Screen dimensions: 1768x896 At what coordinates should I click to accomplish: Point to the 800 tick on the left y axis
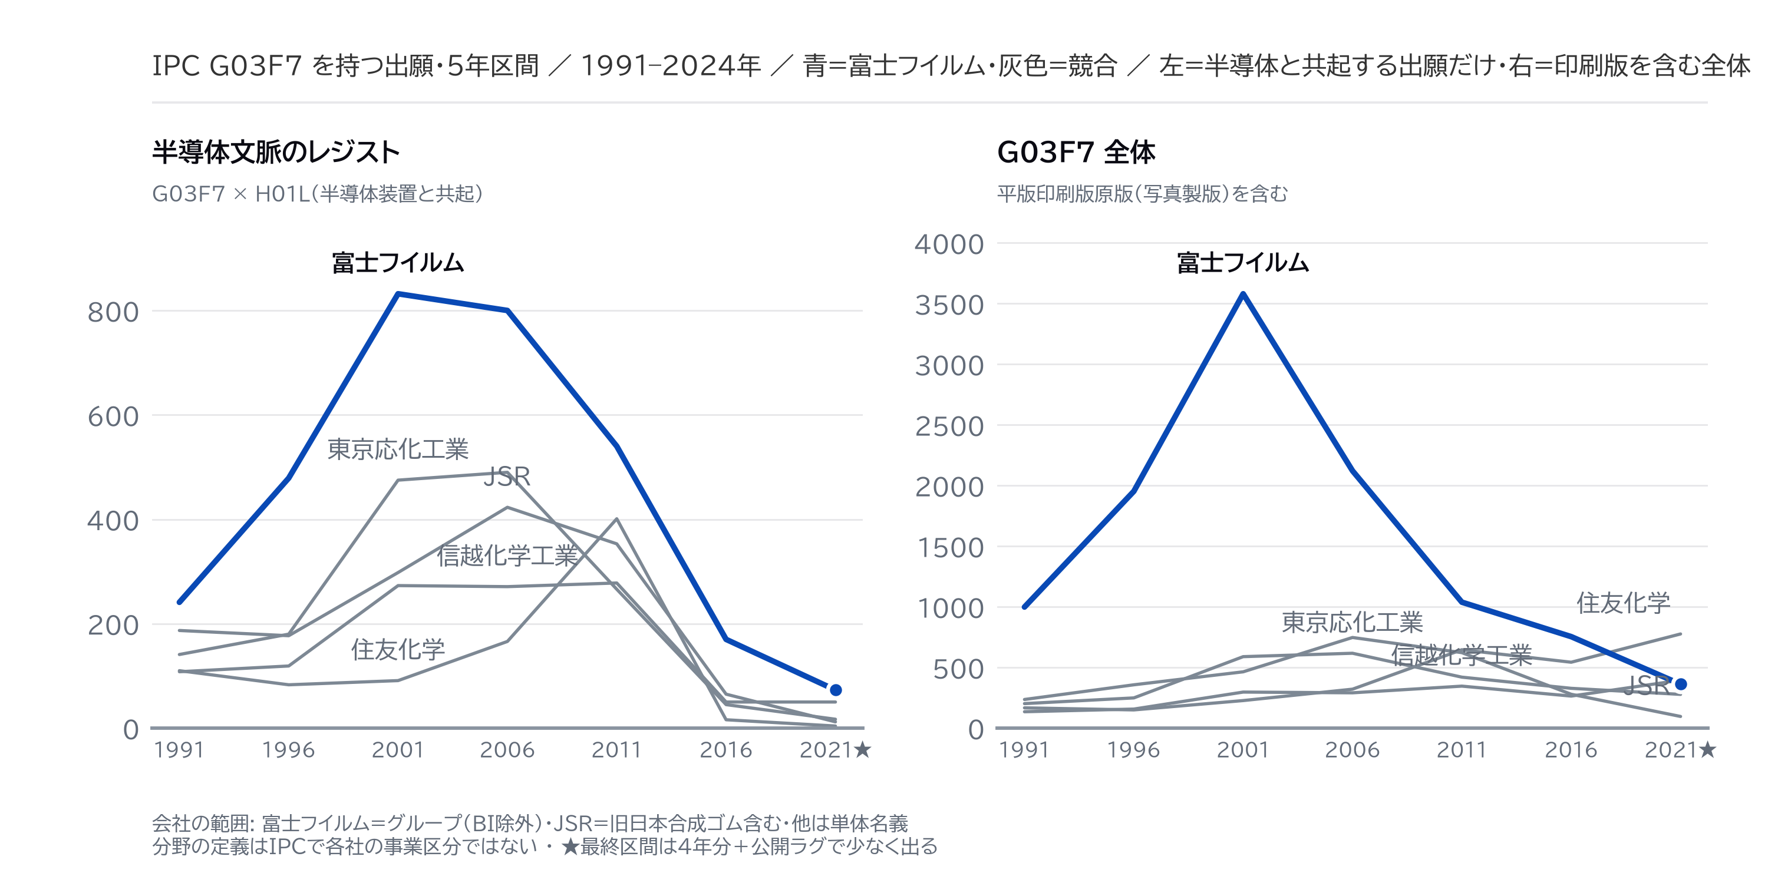point(113,312)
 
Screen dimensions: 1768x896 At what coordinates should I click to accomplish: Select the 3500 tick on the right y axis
point(949,305)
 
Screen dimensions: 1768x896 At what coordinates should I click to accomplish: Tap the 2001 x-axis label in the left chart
point(398,750)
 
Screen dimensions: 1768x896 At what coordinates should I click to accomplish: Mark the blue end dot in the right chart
point(1681,684)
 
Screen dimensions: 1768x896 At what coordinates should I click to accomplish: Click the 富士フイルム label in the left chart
point(398,263)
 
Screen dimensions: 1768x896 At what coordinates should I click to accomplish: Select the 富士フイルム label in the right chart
point(1243,263)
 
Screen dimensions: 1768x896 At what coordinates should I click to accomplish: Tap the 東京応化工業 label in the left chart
point(398,449)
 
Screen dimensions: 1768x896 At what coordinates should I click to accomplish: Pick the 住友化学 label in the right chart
point(1623,603)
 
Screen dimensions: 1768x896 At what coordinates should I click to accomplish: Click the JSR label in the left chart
point(507,476)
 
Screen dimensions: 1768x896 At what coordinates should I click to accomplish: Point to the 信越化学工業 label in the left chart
point(507,556)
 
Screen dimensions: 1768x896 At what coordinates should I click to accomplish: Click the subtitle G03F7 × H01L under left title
point(317,194)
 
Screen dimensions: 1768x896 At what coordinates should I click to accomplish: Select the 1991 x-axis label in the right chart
point(1024,750)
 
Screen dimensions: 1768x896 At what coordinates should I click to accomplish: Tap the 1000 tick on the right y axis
point(949,609)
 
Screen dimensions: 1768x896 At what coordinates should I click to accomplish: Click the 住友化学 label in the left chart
point(398,649)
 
